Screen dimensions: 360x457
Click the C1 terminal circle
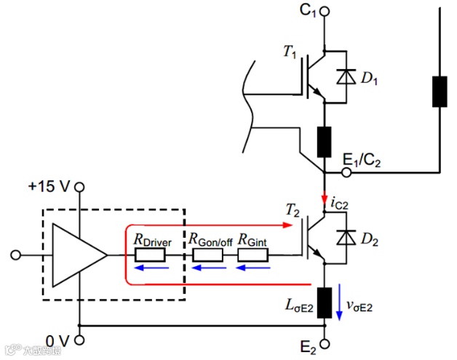325,12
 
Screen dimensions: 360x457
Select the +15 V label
49,186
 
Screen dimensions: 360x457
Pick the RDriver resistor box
151,255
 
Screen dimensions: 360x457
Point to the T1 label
290,52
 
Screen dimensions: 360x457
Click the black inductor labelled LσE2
325,302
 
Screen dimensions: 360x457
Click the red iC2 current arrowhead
325,199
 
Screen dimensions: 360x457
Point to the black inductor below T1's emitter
325,142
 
